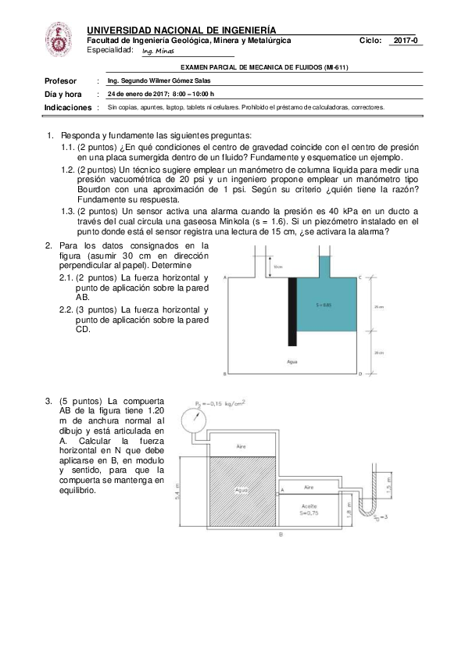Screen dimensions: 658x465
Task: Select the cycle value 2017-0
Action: click(x=406, y=40)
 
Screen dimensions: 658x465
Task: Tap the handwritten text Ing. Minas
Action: click(x=159, y=52)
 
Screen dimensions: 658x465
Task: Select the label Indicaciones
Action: click(x=66, y=107)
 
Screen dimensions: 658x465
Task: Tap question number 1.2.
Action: click(x=67, y=169)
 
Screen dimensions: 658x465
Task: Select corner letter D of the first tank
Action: click(x=360, y=375)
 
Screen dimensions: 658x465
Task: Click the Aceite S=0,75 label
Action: click(x=309, y=510)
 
